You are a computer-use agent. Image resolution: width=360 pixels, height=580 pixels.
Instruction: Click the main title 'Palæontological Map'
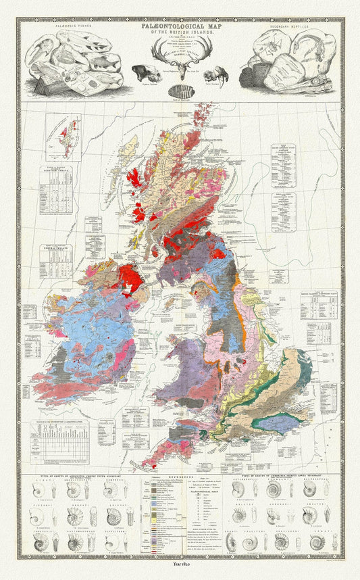click(x=180, y=24)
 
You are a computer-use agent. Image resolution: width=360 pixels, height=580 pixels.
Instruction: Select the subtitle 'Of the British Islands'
click(x=180, y=31)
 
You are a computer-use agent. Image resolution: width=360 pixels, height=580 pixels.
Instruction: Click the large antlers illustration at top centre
click(x=180, y=49)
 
